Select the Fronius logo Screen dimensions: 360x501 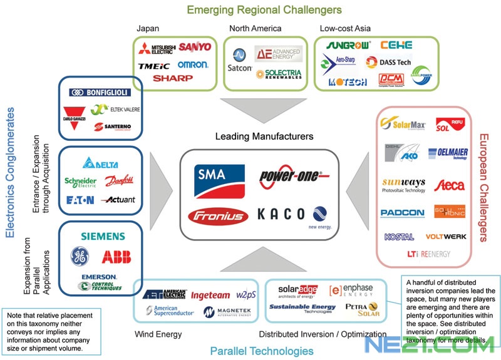[216, 215]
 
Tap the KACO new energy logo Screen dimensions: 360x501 [292, 215]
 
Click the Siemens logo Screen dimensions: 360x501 [103, 237]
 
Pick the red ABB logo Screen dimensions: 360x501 [116, 257]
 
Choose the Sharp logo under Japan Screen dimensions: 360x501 [173, 79]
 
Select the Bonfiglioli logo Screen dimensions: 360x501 [100, 92]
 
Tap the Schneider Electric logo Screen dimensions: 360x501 [81, 182]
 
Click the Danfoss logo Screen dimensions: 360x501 [120, 181]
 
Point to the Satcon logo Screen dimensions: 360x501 [240, 59]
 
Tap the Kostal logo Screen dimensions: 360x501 [400, 237]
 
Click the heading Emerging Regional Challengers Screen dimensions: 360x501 [264, 9]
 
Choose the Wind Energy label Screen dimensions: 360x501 [158, 334]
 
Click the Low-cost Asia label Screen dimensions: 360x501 [345, 28]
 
